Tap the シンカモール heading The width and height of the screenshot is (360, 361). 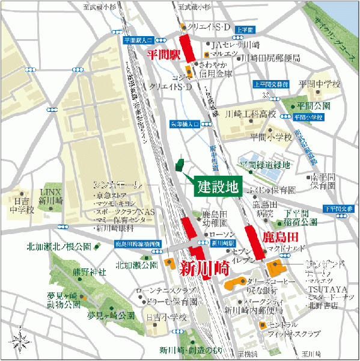117,184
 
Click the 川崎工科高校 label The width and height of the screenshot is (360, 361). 250,114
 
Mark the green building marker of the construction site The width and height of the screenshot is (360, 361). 179,164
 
